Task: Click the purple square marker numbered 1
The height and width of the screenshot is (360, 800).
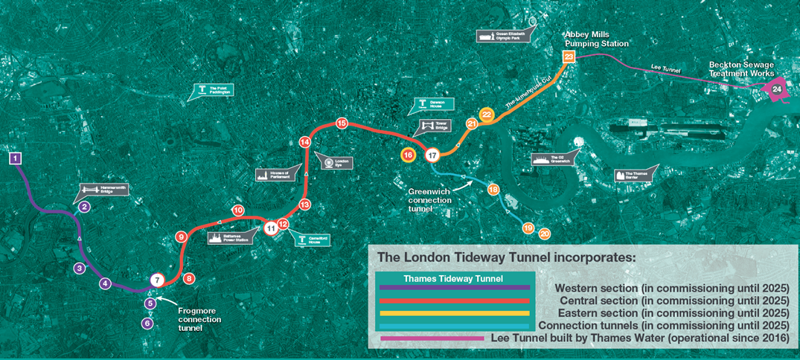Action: (16, 158)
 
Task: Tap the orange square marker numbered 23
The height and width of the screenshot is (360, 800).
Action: (569, 57)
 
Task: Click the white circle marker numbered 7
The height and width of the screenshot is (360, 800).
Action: (156, 280)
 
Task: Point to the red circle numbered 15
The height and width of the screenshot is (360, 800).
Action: (342, 123)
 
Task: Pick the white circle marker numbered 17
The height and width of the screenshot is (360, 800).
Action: (432, 155)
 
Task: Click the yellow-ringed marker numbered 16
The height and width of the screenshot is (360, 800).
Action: (408, 155)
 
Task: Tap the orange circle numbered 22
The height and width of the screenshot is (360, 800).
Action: (487, 115)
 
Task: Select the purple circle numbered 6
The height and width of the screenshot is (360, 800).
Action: (147, 323)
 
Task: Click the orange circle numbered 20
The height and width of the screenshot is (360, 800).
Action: (545, 234)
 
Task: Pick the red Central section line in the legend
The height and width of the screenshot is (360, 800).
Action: (454, 300)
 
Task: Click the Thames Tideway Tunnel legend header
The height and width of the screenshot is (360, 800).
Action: (453, 279)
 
